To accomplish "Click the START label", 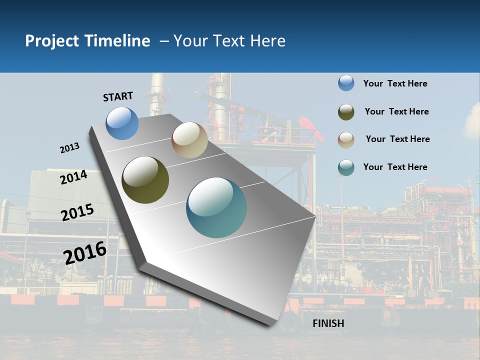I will coord(118,96).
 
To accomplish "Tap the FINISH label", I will coord(328,323).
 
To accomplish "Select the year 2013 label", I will coord(70,148).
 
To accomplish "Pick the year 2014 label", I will coord(74,177).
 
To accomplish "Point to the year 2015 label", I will coord(77,212).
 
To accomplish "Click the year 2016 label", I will coord(85,253).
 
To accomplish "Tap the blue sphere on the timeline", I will coord(122,123).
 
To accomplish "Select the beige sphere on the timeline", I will coord(189,140).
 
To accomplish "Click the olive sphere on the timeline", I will coord(145,180).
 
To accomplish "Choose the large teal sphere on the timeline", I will coord(216,207).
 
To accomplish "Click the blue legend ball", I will coord(346,83).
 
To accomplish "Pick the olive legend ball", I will coord(346,112).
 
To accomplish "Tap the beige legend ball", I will coord(346,139).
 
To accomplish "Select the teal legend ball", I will coord(346,167).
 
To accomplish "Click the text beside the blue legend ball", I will coord(395,83).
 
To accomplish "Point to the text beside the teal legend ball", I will coord(395,167).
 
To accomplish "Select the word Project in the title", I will coord(52,41).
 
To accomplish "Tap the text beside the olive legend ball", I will coord(396,111).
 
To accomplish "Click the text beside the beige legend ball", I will coord(397,139).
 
